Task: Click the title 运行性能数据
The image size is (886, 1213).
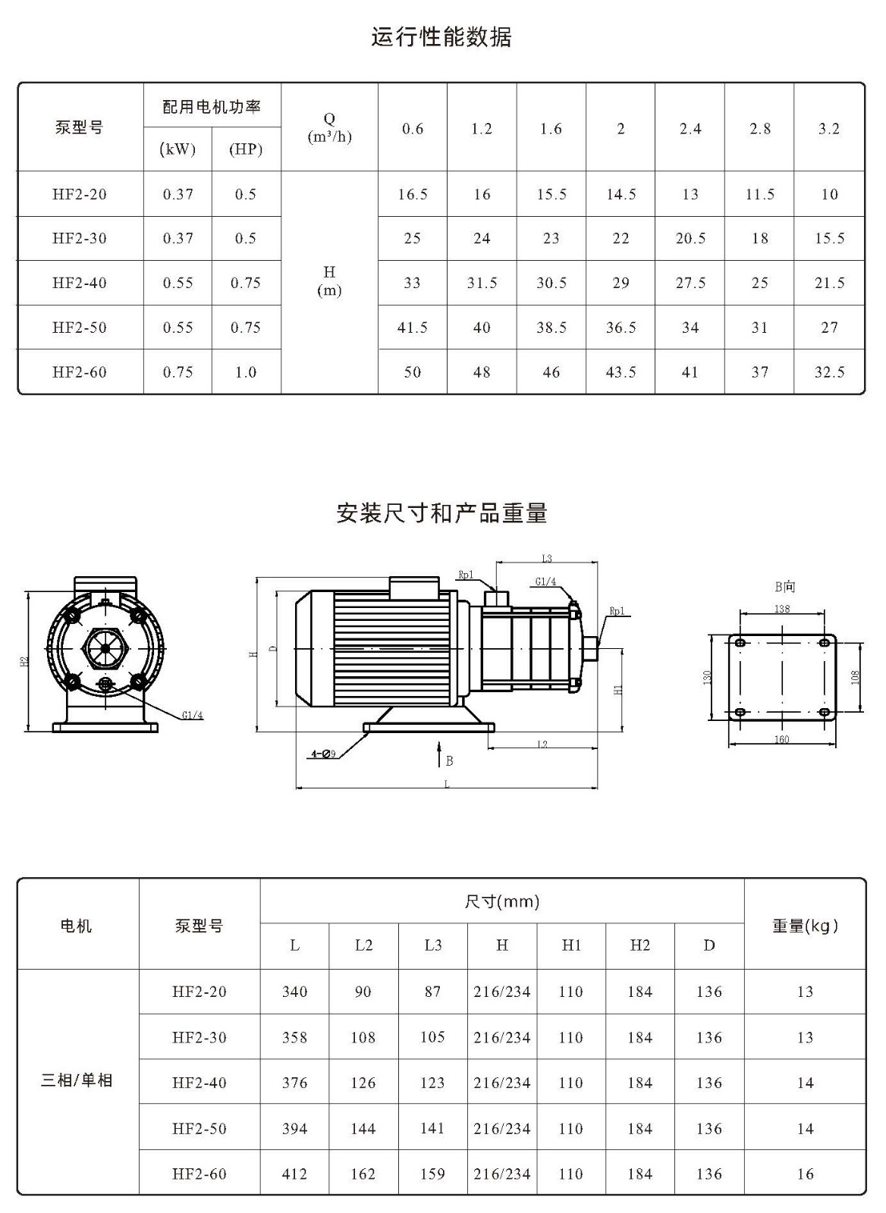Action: click(441, 37)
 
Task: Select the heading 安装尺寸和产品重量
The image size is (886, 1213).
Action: click(441, 512)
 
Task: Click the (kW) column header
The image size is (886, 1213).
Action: click(178, 149)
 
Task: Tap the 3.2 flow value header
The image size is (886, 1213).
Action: click(829, 129)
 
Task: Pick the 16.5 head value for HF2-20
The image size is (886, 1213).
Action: click(413, 194)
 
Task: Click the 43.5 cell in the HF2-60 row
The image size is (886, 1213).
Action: click(621, 372)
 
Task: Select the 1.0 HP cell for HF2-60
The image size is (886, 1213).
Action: click(246, 372)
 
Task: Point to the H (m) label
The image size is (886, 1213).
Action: click(329, 281)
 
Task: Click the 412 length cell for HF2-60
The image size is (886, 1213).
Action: click(295, 1174)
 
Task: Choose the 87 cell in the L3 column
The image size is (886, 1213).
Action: click(432, 992)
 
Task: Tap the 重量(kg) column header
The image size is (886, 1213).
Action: click(806, 926)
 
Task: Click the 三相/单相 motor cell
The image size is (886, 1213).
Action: click(77, 1080)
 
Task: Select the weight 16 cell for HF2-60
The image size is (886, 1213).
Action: click(806, 1174)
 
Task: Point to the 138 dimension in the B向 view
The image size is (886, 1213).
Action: click(782, 609)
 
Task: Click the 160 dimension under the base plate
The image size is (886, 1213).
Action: click(781, 739)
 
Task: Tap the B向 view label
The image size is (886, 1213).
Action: click(784, 587)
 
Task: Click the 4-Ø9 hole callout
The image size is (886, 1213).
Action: click(323, 754)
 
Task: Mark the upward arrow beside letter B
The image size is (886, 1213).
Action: click(439, 754)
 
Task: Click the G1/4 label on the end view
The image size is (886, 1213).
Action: click(193, 715)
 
